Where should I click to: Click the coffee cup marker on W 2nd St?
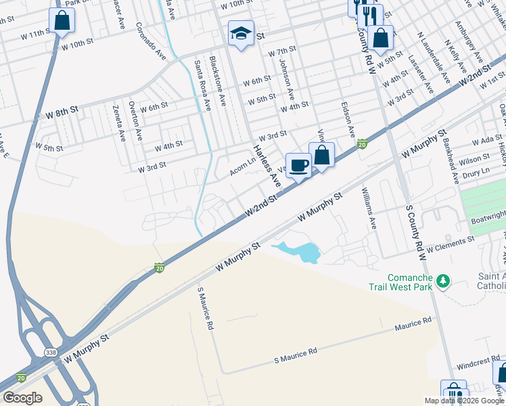(x=298, y=165)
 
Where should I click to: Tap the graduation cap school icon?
(x=241, y=33)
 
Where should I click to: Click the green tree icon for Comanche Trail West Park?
(x=443, y=280)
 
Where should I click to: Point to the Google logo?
(x=22, y=398)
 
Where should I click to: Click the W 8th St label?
(x=62, y=114)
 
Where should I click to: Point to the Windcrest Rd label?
(x=477, y=365)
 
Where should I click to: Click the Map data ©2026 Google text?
(x=463, y=401)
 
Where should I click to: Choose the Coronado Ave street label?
(x=150, y=41)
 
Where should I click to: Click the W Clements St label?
(x=451, y=244)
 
